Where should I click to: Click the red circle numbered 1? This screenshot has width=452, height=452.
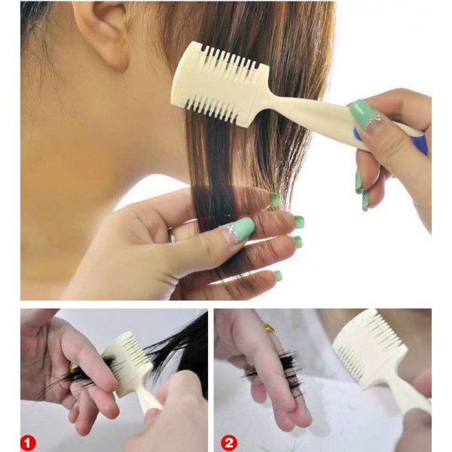point(28,443)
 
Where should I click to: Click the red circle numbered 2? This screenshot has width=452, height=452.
point(229,443)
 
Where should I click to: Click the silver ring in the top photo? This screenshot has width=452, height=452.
point(173,235)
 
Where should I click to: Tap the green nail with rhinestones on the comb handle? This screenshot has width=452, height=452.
point(364,115)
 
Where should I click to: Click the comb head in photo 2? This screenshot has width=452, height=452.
point(370,348)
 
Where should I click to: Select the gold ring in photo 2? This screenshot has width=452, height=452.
point(269,328)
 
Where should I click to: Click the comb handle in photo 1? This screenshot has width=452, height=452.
point(150,399)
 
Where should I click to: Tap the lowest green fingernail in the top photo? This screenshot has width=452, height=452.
point(278,275)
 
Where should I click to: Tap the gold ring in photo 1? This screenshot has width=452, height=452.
point(72,367)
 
